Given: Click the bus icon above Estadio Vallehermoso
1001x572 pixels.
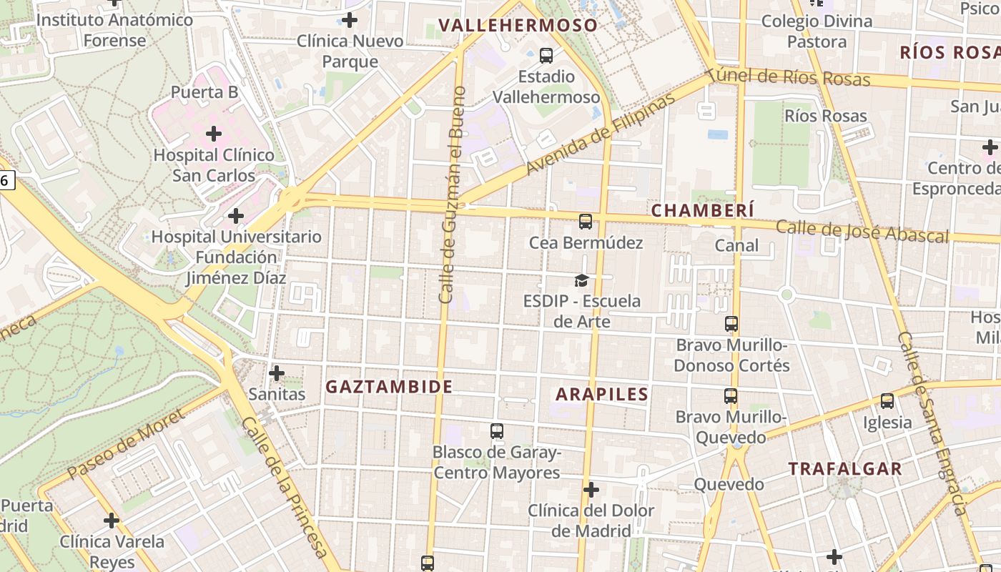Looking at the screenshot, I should click(546, 55).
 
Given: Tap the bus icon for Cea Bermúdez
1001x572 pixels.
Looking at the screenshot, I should click(586, 222).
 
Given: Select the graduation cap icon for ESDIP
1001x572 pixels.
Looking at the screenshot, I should click(581, 280).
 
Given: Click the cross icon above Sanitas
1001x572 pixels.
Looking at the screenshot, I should click(277, 373).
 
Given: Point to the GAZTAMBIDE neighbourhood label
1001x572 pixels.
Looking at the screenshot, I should click(389, 387).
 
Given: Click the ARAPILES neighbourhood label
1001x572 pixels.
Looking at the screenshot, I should click(602, 394).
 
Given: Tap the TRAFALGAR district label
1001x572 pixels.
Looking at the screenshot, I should click(845, 469).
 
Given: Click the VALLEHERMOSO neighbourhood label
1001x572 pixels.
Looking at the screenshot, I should click(518, 25).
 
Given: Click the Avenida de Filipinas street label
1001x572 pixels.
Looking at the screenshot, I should click(600, 135).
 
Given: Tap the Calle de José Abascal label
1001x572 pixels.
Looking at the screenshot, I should click(862, 232).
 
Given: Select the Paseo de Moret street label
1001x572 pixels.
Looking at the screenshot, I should click(126, 444).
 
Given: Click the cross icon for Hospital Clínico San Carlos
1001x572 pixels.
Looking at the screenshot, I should click(213, 134).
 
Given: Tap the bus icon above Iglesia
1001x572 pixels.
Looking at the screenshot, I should click(887, 401).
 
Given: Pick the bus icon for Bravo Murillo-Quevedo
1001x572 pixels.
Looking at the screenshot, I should click(731, 396).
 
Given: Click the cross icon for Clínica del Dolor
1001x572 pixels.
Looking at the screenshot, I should click(591, 490).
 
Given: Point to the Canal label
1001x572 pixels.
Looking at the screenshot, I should click(736, 246).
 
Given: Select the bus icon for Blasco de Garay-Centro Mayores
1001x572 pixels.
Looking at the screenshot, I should click(497, 431).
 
